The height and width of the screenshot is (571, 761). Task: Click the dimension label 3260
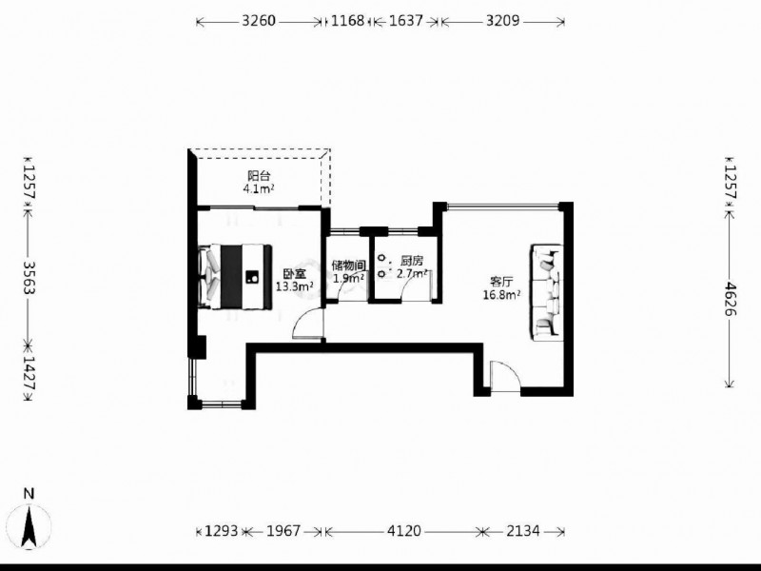259,21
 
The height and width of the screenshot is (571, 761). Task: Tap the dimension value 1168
347,21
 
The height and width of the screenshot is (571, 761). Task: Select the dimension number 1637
406,21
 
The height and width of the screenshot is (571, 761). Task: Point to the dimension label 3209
503,21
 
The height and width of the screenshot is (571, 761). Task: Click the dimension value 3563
29,278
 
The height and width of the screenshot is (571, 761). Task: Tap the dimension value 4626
730,299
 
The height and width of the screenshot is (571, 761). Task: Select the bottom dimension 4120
403,531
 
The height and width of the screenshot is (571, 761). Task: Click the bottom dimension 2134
522,531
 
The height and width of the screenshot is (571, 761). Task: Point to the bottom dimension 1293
222,531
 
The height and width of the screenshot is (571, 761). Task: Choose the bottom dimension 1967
283,531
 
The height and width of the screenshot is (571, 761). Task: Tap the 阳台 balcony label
259,176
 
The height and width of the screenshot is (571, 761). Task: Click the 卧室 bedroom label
295,274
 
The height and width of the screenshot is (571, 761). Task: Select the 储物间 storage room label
348,266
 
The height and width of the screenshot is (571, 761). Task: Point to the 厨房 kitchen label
411,262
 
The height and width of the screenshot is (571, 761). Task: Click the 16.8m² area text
502,295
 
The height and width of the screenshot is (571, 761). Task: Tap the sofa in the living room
547,292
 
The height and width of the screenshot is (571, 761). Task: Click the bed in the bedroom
235,277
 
